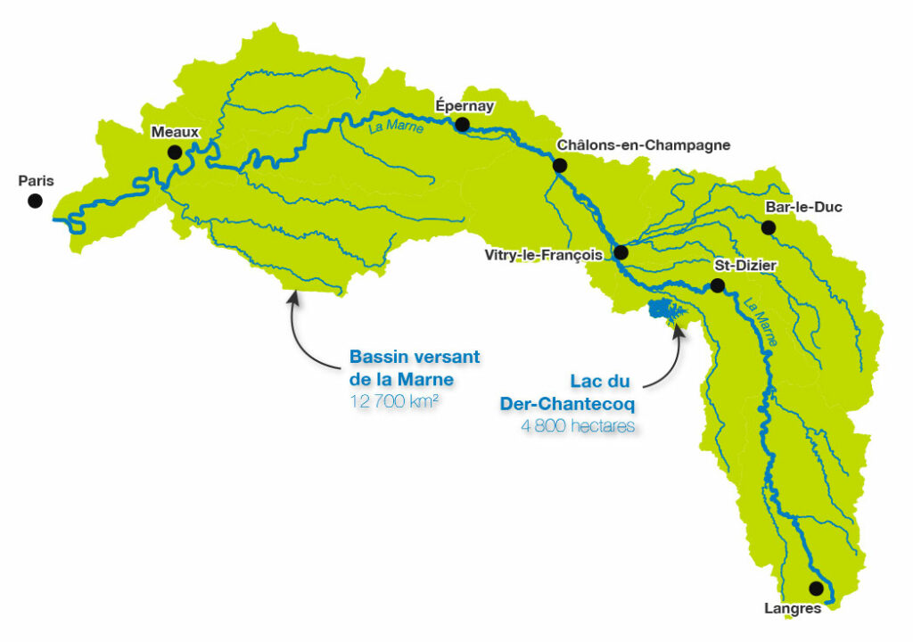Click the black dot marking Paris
click(x=35, y=201)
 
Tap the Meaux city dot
click(x=175, y=152)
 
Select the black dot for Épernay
click(x=462, y=124)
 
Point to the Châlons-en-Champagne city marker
click(x=560, y=165)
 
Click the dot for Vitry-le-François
click(x=621, y=252)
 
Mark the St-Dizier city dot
click(x=716, y=285)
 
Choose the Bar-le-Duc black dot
click(x=769, y=227)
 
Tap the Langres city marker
click(x=815, y=588)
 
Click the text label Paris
click(x=36, y=181)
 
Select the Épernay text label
click(x=464, y=104)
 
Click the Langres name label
click(x=793, y=610)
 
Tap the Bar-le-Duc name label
click(x=803, y=208)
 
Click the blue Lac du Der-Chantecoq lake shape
click(x=665, y=311)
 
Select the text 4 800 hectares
click(x=578, y=426)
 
